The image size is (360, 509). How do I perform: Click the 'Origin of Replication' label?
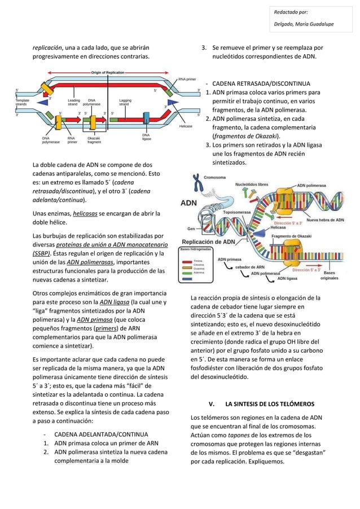coord(108,73)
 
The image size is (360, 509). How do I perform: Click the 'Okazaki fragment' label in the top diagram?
coord(94,140)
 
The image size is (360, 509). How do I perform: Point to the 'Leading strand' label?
coord(73,102)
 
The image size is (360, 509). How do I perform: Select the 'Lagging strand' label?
coord(125,102)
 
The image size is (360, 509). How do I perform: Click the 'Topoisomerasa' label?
coord(236,213)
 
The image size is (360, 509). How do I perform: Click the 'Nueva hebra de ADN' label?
coord(324,220)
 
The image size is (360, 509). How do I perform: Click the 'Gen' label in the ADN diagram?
coord(191,229)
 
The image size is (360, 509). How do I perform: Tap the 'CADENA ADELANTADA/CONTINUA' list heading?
coord(101,434)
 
